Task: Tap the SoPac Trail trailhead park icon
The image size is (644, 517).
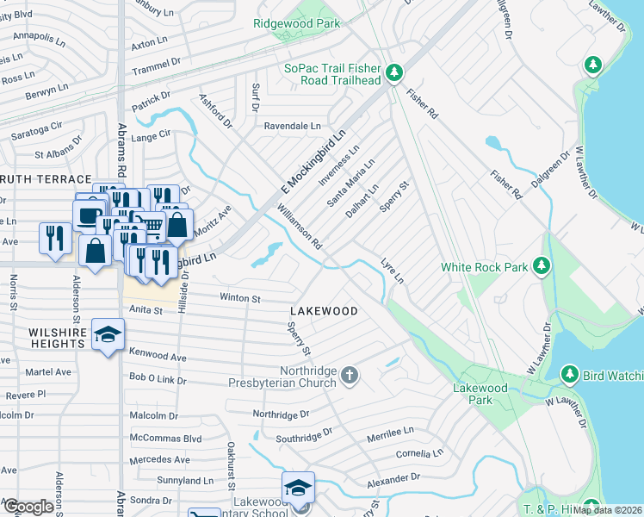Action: [x=394, y=72]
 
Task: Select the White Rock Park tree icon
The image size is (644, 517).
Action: [x=542, y=266]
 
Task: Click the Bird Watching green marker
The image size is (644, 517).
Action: [x=569, y=373]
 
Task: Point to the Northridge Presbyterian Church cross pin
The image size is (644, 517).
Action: [x=349, y=375]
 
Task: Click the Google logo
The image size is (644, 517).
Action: [x=28, y=507]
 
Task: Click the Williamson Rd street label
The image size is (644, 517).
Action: [x=299, y=226]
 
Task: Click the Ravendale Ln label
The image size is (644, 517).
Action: [x=291, y=125]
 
